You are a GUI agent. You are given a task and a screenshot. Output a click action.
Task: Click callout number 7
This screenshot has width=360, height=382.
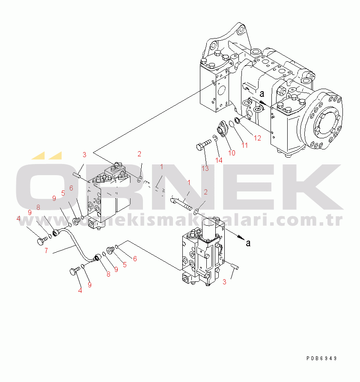tap(46, 251)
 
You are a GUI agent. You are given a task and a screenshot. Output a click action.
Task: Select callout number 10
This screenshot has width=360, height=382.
tap(231, 153)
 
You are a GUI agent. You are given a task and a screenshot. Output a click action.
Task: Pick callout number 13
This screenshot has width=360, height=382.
tap(205, 168)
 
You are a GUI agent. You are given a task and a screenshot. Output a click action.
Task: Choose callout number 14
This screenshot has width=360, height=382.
tap(219, 160)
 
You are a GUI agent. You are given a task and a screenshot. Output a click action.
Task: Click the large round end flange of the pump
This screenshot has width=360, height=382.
tap(322, 121)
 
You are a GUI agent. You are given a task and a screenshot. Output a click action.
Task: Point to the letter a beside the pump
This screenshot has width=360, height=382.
tap(262, 93)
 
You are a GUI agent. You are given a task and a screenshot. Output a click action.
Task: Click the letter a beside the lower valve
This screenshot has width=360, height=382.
tap(248, 243)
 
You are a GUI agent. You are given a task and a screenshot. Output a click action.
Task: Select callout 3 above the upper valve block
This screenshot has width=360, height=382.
tap(84, 154)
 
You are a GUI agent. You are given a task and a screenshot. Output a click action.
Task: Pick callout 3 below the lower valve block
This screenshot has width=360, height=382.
tap(224, 282)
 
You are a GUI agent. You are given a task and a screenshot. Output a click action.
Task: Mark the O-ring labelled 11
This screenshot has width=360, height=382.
tap(231, 124)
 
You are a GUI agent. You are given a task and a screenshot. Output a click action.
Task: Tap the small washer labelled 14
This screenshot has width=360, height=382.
tap(215, 138)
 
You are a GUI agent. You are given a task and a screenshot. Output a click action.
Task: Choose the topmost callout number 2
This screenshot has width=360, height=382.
tap(139, 153)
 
